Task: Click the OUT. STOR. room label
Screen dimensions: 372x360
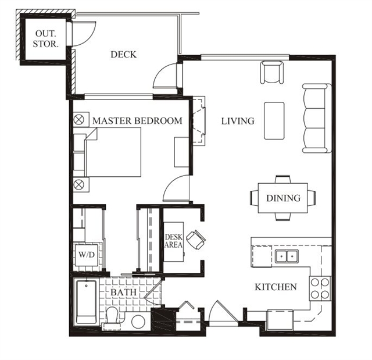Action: [x=45, y=39]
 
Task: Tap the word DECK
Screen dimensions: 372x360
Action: [x=124, y=55]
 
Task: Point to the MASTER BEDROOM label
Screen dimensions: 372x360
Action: [x=137, y=121]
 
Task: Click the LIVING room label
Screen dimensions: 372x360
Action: [x=238, y=121]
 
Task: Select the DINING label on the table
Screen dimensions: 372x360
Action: [x=283, y=198]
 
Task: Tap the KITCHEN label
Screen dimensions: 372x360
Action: [x=276, y=287]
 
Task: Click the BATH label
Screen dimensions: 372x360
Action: [x=124, y=293]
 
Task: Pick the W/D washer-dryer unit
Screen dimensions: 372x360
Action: [x=87, y=255]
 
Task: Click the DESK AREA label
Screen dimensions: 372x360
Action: [x=174, y=241]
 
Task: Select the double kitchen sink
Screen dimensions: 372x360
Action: [x=287, y=256]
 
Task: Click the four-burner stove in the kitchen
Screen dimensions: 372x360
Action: [x=320, y=288]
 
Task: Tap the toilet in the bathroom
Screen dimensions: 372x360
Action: [x=112, y=316]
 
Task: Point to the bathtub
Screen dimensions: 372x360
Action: [x=86, y=302]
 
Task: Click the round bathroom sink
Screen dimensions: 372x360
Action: [x=138, y=322]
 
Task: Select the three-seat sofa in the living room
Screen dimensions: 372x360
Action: [x=317, y=118]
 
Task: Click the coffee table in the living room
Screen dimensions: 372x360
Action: [x=274, y=121]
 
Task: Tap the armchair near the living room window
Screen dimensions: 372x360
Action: [x=272, y=72]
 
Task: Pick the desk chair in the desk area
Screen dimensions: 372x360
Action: [x=196, y=240]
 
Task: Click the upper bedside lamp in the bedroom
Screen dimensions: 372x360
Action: [x=79, y=120]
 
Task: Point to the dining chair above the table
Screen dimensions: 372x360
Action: [x=283, y=179]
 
